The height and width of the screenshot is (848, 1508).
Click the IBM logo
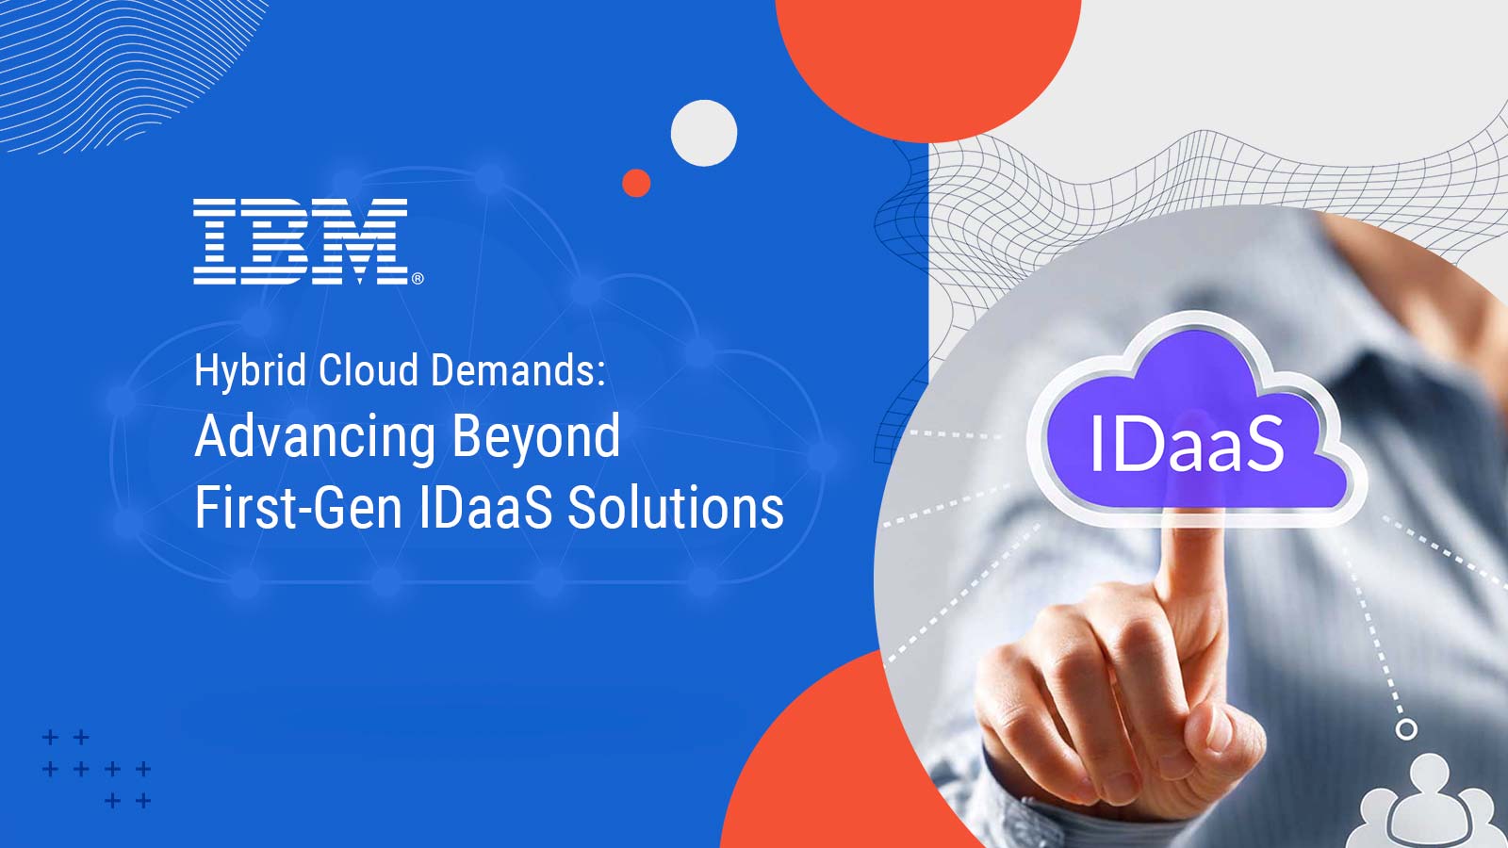301,241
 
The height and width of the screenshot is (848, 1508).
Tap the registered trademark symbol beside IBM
418,278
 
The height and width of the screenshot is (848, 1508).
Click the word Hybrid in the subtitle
251,371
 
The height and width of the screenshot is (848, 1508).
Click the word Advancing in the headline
316,438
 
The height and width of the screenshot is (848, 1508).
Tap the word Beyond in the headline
536,438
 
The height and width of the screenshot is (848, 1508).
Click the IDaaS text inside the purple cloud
1188,444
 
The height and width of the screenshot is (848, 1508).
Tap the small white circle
703,133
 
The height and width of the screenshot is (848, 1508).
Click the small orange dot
636,183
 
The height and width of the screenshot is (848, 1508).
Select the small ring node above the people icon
1405,729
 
